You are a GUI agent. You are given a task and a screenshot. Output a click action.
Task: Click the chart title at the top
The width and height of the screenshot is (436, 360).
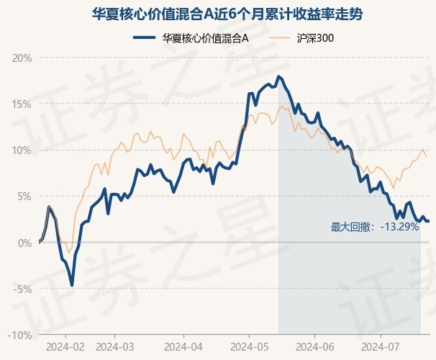(x=227, y=14)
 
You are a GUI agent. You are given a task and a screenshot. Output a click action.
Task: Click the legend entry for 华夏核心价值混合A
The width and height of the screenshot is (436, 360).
(x=191, y=38)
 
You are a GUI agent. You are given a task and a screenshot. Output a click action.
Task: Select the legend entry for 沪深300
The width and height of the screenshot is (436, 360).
(x=301, y=38)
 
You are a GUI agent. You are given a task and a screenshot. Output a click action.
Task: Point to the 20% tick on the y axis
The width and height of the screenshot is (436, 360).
(x=22, y=58)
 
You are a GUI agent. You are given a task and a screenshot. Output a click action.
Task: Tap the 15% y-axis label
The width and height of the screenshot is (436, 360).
(x=22, y=104)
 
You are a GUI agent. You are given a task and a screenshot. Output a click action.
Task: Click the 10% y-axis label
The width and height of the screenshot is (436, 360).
(x=22, y=150)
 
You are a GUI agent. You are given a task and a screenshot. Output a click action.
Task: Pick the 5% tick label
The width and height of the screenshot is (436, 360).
(x=24, y=197)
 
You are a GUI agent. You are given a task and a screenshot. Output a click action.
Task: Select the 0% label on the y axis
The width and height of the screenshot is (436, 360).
(x=24, y=243)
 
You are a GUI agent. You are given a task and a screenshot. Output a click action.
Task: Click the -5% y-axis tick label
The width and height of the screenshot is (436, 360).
(x=22, y=289)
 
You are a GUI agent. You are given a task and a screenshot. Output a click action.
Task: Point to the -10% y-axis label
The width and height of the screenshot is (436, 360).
(x=19, y=336)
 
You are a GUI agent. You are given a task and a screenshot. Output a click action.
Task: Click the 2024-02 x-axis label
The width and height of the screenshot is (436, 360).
(x=65, y=347)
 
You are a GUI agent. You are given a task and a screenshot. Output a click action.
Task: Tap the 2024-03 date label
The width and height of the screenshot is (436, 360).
(x=114, y=347)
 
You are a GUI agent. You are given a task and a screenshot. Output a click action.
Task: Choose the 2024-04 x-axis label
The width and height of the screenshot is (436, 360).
(x=183, y=347)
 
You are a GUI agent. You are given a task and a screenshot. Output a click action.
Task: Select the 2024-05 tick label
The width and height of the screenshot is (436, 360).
(x=250, y=347)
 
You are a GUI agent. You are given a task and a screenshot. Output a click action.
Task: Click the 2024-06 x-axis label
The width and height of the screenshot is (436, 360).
(x=314, y=347)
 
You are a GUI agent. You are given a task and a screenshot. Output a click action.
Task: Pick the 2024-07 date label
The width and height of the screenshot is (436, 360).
(x=381, y=347)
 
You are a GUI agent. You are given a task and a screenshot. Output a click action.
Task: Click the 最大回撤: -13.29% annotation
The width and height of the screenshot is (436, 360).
(x=375, y=227)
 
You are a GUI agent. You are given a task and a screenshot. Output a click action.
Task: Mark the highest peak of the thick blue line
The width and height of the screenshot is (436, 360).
(x=279, y=76)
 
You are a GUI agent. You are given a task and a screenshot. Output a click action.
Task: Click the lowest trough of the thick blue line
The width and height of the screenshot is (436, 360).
(x=72, y=285)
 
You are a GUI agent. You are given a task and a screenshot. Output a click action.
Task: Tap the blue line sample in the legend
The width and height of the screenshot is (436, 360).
(x=144, y=38)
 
